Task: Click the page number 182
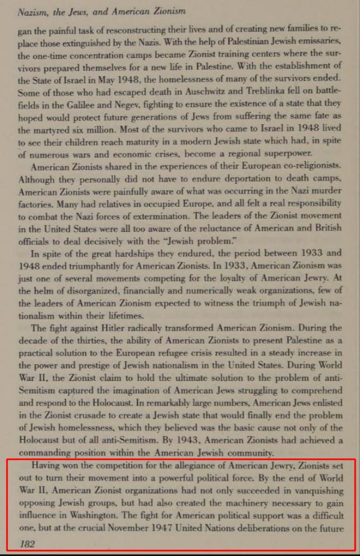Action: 27,544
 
